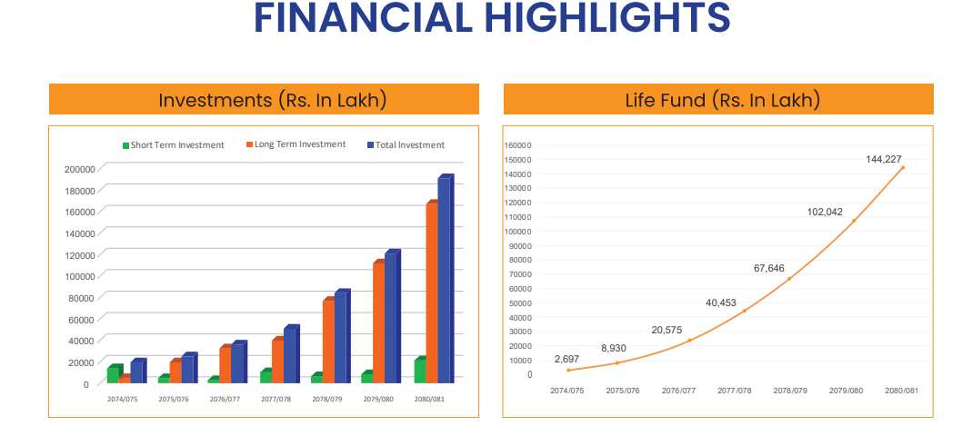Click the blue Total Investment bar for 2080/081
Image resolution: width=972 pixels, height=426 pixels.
(444, 280)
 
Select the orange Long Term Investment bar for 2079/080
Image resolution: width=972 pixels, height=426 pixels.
(378, 322)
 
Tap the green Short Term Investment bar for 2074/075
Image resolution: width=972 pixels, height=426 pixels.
(113, 374)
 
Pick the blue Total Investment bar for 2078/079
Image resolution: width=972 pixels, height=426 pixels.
(340, 337)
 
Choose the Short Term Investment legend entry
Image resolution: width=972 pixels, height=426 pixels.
(173, 145)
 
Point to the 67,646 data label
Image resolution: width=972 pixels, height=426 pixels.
(768, 268)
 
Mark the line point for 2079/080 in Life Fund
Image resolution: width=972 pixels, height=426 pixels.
(853, 221)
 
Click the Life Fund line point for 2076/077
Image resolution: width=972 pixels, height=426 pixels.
(689, 340)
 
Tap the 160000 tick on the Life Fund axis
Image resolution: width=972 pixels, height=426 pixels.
(516, 145)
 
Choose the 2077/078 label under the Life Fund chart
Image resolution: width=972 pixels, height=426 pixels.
(734, 390)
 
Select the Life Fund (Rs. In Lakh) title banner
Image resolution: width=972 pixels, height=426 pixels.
(718, 100)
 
